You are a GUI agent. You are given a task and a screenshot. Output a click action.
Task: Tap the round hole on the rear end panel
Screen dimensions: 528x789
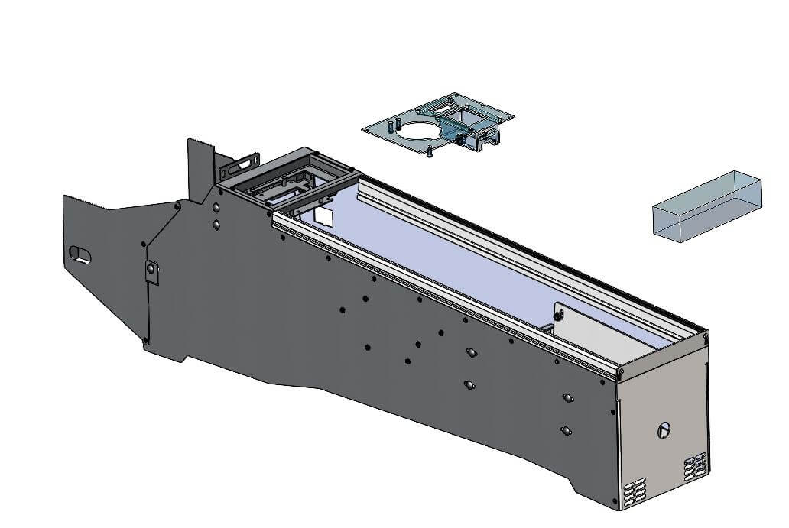pyautogui.click(x=664, y=430)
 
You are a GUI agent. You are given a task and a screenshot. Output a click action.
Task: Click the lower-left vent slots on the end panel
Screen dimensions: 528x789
pyautogui.click(x=635, y=494)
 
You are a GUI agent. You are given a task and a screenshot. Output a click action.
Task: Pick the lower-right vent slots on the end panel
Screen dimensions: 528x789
pyautogui.click(x=695, y=467)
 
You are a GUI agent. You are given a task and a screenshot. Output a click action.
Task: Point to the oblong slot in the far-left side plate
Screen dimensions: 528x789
pyautogui.click(x=80, y=254)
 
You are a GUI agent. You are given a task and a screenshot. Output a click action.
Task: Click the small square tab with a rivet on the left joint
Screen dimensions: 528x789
pyautogui.click(x=152, y=271)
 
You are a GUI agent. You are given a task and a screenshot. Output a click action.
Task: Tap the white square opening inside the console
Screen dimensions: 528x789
pyautogui.click(x=324, y=216)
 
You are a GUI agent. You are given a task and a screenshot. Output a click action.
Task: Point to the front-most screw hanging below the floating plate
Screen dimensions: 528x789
pyautogui.click(x=430, y=151)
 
